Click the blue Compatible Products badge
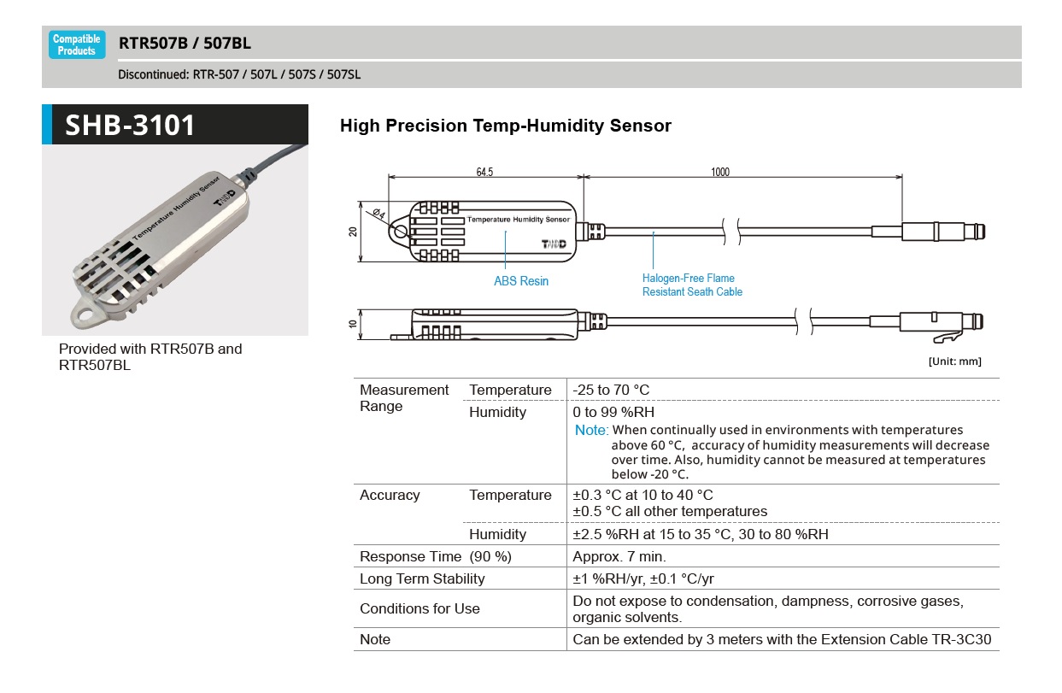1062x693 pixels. (x=77, y=44)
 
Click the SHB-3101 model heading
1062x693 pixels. (x=131, y=126)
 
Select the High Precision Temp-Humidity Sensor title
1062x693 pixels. (x=505, y=126)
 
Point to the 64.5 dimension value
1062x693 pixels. (x=484, y=172)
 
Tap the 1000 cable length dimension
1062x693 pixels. (x=719, y=172)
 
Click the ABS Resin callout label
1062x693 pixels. (x=521, y=281)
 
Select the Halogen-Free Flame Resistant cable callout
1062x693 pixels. (x=692, y=285)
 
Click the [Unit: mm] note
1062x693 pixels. (x=954, y=361)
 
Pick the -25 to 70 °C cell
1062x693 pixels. (x=611, y=391)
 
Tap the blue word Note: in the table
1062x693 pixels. (x=591, y=431)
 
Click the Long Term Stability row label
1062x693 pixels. (x=422, y=579)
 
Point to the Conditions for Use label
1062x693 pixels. (x=420, y=609)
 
